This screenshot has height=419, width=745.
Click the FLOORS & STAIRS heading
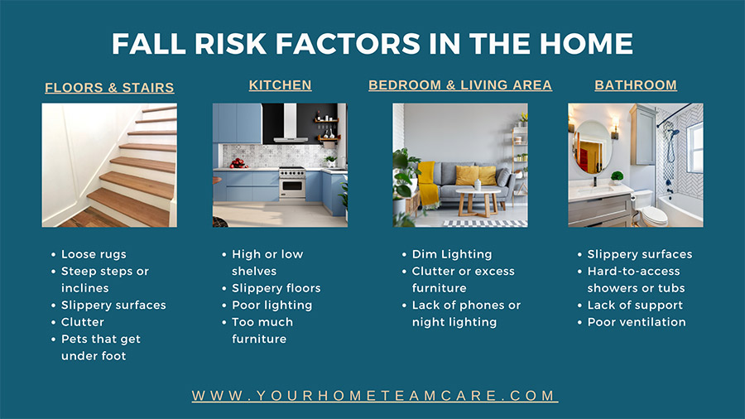pyautogui.click(x=109, y=88)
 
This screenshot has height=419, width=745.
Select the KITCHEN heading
pyautogui.click(x=281, y=85)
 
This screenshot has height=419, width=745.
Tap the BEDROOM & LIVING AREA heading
pyautogui.click(x=460, y=85)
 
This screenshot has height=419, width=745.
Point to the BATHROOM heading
pyautogui.click(x=636, y=85)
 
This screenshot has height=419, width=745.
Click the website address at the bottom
pyautogui.click(x=375, y=396)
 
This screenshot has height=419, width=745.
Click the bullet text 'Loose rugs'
pyautogui.click(x=94, y=254)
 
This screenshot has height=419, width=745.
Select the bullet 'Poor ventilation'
pyautogui.click(x=637, y=322)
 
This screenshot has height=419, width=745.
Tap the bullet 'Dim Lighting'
pyautogui.click(x=452, y=254)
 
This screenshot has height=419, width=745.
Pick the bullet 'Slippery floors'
pyautogui.click(x=276, y=288)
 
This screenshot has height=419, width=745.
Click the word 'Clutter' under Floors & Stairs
pyautogui.click(x=83, y=322)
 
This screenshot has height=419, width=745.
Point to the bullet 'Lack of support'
pyautogui.click(x=635, y=305)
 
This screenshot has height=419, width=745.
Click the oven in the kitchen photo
pyautogui.click(x=292, y=184)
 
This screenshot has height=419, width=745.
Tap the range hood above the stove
pyautogui.click(x=291, y=124)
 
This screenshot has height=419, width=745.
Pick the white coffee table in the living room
pyautogui.click(x=478, y=200)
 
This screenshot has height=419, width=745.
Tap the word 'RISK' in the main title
pyautogui.click(x=230, y=44)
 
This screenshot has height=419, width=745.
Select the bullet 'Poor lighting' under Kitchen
pyautogui.click(x=272, y=305)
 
